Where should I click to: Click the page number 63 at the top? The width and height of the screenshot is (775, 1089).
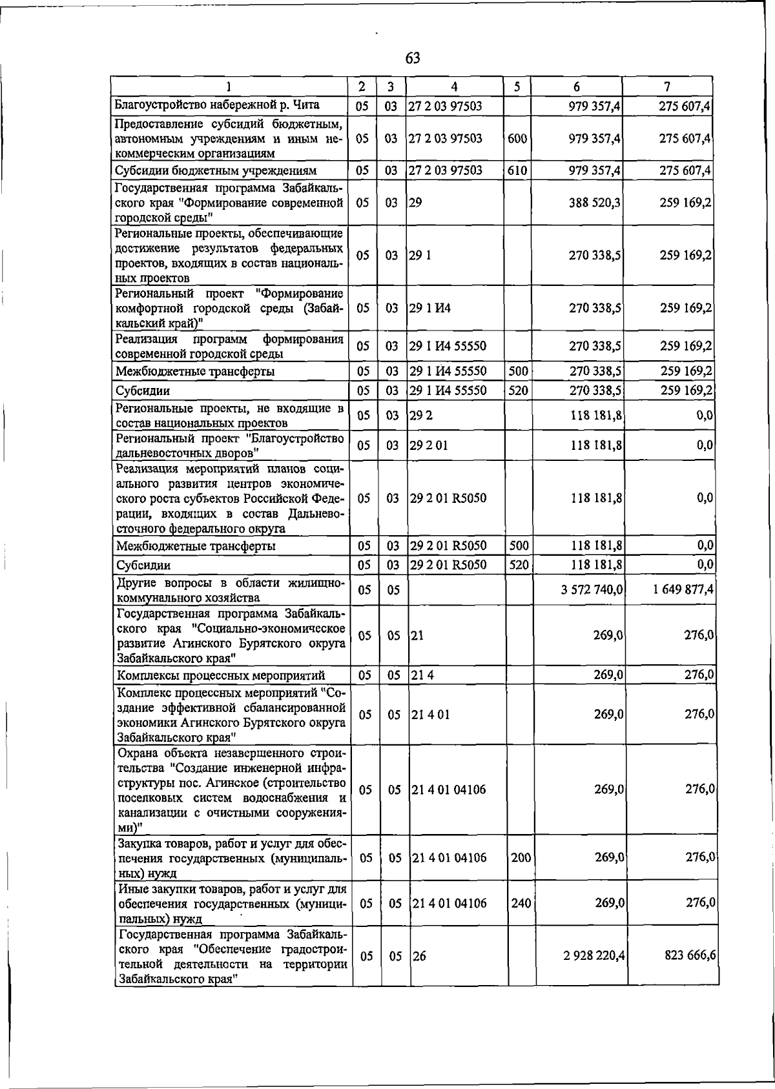click(x=413, y=59)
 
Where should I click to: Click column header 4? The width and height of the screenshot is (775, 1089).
click(x=455, y=87)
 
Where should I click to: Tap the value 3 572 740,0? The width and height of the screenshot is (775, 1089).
click(x=592, y=590)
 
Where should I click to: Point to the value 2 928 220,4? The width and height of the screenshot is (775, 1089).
click(x=594, y=957)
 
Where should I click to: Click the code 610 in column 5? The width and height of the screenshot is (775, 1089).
click(x=517, y=171)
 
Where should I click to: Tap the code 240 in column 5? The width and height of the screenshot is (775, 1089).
click(x=521, y=904)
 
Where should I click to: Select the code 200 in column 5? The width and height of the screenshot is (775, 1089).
click(x=521, y=858)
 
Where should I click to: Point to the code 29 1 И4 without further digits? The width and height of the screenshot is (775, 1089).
click(x=430, y=308)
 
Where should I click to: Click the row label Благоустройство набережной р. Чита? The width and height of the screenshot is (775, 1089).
click(x=217, y=105)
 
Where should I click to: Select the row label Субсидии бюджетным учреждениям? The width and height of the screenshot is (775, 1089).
click(x=216, y=171)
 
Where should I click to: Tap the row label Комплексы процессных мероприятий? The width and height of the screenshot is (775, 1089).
click(x=220, y=676)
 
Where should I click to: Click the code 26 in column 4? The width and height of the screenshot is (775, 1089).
click(x=419, y=957)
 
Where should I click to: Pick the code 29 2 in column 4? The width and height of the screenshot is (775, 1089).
click(x=421, y=416)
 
